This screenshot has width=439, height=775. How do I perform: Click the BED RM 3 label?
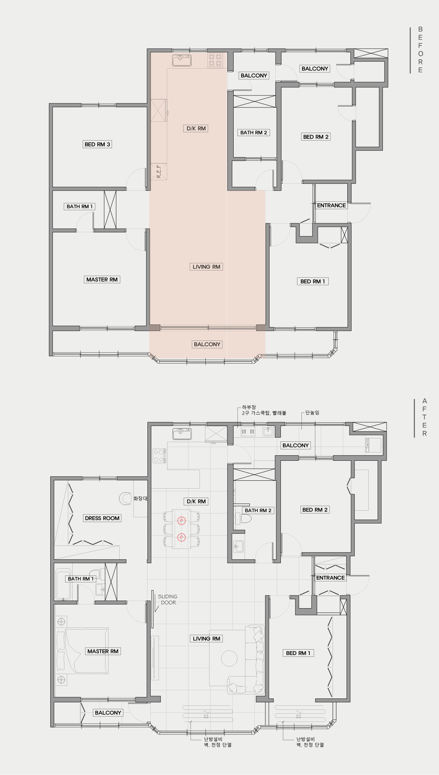click(98, 144)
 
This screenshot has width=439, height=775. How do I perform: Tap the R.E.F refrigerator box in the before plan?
click(159, 172)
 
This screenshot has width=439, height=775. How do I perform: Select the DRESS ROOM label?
click(102, 518)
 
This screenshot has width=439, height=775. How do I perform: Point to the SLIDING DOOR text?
click(168, 599)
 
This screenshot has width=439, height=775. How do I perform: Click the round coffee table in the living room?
click(229, 659)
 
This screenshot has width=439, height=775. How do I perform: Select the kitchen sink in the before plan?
click(182, 60)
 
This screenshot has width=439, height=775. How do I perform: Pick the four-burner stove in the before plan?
click(215, 60)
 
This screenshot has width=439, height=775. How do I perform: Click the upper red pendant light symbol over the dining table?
click(182, 521)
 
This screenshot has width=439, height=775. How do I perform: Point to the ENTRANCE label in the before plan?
click(331, 205)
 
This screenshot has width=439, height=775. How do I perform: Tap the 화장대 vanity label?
click(140, 498)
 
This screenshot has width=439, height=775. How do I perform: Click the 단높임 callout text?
click(312, 412)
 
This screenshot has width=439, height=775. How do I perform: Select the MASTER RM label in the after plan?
click(103, 651)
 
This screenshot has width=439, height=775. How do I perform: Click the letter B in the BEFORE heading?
click(420, 29)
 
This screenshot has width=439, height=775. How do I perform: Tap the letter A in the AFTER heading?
click(425, 401)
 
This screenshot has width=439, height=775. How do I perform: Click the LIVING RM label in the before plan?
click(206, 267)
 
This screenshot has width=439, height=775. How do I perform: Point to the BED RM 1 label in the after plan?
click(298, 653)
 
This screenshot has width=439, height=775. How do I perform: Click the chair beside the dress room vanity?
click(125, 498)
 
